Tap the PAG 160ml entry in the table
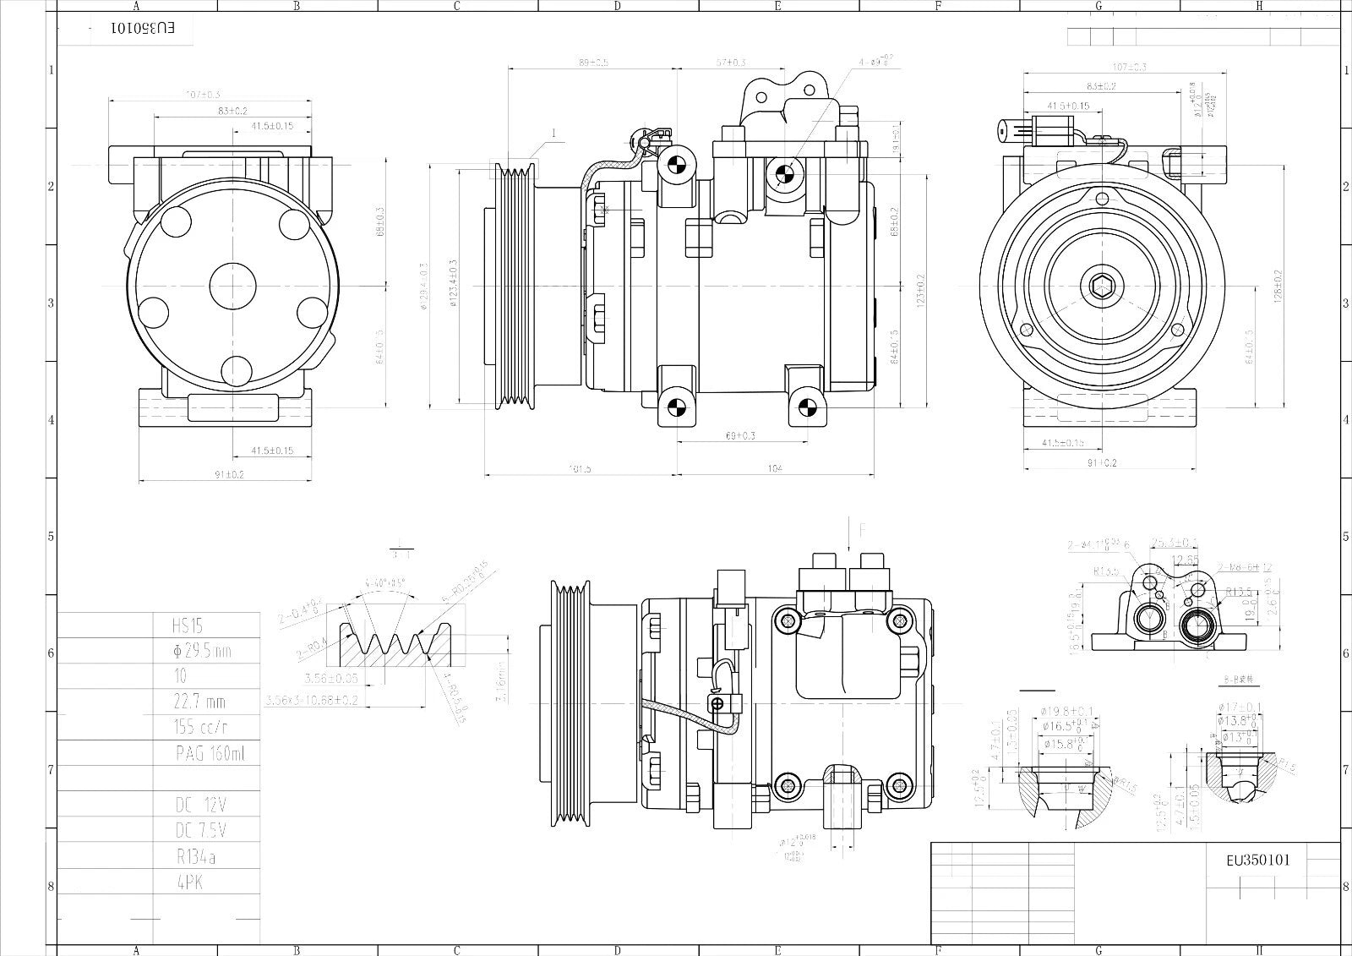pos(199,753)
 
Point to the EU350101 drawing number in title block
pos(1258,860)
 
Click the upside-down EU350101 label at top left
pos(143,28)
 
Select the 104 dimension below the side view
pos(775,468)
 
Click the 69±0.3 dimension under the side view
pos(740,435)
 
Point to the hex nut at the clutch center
pos(1101,288)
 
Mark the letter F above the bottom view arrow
pos(862,531)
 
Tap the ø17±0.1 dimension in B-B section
pos(1240,707)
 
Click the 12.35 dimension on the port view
pos(1186,560)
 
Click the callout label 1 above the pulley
pos(554,134)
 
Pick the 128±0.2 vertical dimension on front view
pos(1278,286)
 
